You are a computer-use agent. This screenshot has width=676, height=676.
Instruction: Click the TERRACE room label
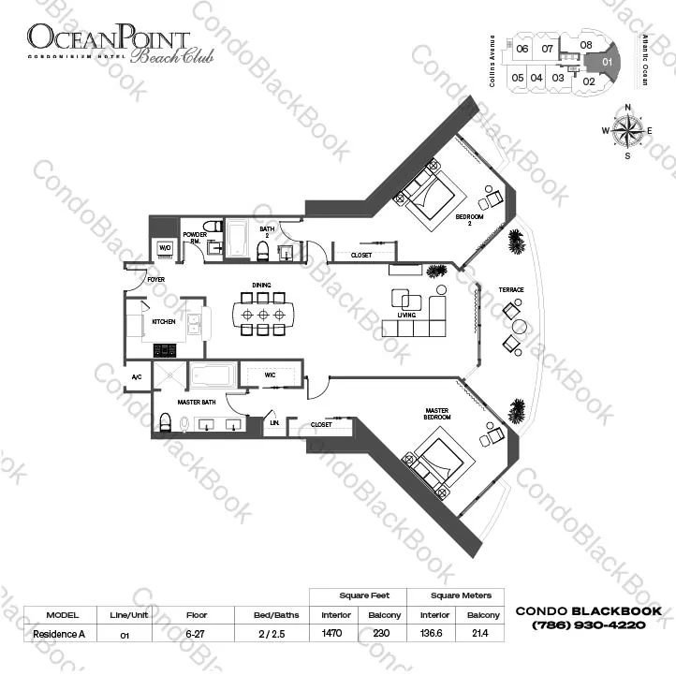(x=510, y=290)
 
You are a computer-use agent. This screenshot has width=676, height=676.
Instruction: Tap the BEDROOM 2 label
(x=469, y=218)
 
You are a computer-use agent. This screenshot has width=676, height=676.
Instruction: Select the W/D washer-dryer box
(x=165, y=248)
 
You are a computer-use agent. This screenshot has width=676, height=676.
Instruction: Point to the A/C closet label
(x=136, y=377)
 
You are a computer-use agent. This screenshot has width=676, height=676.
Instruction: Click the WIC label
(x=270, y=375)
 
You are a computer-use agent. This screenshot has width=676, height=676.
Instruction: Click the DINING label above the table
(x=262, y=285)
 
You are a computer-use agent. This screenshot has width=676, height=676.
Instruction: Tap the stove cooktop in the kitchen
(x=166, y=350)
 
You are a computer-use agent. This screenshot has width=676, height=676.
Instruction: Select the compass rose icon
(x=626, y=131)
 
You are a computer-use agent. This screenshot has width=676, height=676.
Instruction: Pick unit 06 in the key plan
(x=522, y=49)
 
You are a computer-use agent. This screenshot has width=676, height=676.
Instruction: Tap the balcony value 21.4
(x=482, y=634)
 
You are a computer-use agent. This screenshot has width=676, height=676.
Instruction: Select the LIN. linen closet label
(x=273, y=423)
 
